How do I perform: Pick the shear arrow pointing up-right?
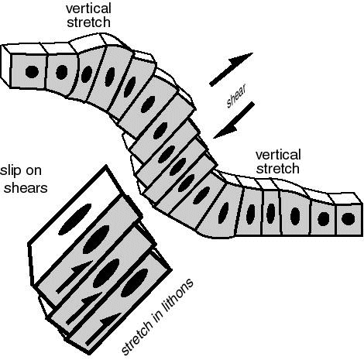tap(233, 65)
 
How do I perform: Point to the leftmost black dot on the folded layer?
tap(33, 72)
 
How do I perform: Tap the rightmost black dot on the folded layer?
tap(343, 219)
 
